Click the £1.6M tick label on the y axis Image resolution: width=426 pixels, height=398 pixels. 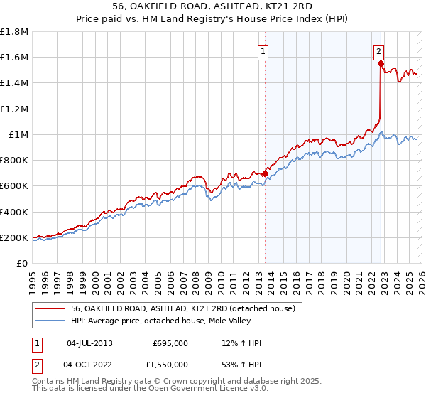pos(14,57)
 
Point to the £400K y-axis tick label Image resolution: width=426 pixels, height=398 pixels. pos(14,212)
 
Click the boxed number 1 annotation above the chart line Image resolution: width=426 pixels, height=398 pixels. pos(263,51)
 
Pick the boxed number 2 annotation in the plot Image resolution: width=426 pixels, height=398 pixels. pos(379,51)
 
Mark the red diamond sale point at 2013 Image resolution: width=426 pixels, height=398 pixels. pos(265,173)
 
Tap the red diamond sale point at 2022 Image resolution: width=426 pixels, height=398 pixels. pos(381,63)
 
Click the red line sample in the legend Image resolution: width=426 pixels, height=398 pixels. pos(50,308)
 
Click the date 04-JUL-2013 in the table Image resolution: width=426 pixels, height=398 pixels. pos(89,343)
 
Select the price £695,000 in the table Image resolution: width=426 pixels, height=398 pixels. pos(170,343)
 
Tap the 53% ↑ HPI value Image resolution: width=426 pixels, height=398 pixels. pos(241,365)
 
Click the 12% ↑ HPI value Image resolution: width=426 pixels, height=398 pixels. pos(241,343)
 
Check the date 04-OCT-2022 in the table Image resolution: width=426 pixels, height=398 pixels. pos(90,365)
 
